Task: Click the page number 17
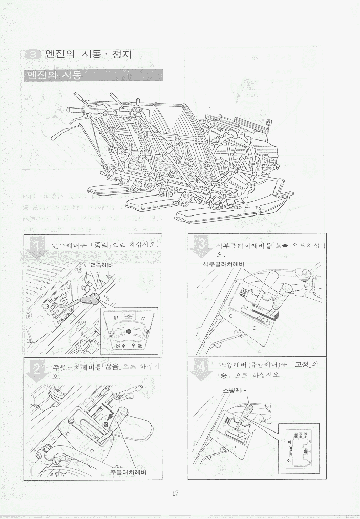tap(175, 493)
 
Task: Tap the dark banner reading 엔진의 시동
tap(93, 75)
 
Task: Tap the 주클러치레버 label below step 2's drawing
tap(128, 472)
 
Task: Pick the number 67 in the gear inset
tap(115, 318)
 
